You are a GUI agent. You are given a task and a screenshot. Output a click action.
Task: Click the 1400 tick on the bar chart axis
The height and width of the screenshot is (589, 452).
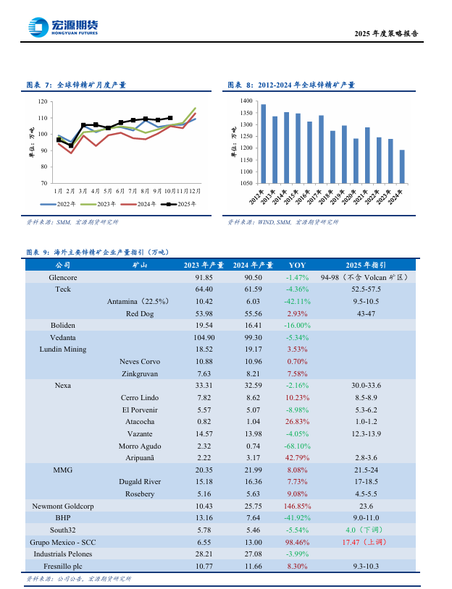point(246,102)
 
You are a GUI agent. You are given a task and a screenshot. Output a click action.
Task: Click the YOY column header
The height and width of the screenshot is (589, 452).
point(297,266)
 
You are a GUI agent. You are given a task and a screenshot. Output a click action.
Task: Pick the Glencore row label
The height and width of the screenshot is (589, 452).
point(63,277)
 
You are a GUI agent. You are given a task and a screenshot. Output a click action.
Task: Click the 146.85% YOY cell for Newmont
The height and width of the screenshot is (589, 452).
point(297,507)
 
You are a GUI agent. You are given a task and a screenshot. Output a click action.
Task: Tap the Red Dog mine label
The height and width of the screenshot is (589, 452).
point(141,313)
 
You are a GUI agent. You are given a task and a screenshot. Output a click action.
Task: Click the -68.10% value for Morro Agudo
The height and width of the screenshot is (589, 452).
point(297,446)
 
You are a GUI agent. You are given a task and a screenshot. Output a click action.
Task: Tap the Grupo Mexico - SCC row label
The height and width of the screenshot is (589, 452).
point(63,542)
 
